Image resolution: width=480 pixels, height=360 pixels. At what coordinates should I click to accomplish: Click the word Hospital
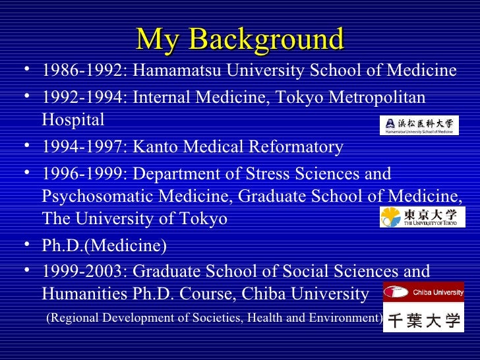[x=73, y=120]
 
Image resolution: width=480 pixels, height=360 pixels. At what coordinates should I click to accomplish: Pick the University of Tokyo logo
[x=422, y=216]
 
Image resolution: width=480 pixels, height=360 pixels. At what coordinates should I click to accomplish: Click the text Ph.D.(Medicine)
[x=104, y=246]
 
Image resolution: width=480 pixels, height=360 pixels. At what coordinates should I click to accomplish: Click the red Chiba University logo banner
[x=423, y=291]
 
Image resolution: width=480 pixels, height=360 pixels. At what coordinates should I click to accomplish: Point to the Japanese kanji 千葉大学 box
[x=423, y=320]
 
